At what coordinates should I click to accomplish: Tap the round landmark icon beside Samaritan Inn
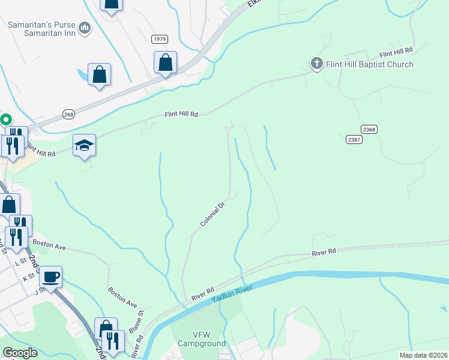[x=85, y=28]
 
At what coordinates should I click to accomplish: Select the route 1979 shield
[x=159, y=39]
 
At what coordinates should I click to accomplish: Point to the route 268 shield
[x=68, y=113]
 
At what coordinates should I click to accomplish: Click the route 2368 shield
[x=369, y=129]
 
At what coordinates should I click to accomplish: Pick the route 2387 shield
[x=354, y=139]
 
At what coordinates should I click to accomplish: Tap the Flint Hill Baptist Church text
[x=370, y=64]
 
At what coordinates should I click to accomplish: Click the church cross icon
[x=316, y=64]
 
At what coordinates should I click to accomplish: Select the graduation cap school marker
[x=85, y=146]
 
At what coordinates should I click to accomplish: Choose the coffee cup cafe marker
[x=51, y=277]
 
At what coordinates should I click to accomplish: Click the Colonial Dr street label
[x=212, y=214]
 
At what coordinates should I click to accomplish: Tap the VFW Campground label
[x=201, y=339]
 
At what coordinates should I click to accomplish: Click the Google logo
[x=20, y=353]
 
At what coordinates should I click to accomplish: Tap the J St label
[x=40, y=292]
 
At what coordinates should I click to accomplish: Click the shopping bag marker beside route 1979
[x=165, y=62]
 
